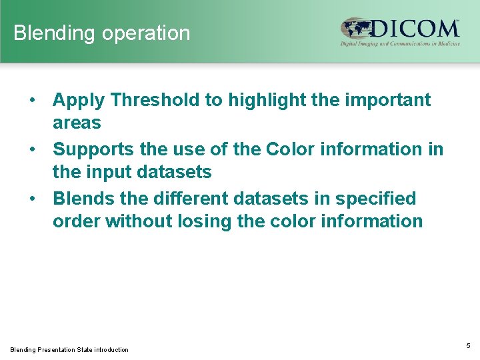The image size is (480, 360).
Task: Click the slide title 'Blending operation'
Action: [x=102, y=33]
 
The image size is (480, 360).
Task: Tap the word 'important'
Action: [x=389, y=100]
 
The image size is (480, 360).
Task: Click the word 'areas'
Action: [x=77, y=123]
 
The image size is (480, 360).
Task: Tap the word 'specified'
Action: [x=373, y=199]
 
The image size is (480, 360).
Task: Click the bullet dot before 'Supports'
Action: [x=33, y=150]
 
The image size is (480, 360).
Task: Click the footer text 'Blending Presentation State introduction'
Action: [x=69, y=349]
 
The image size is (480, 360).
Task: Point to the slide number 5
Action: [x=468, y=346]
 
